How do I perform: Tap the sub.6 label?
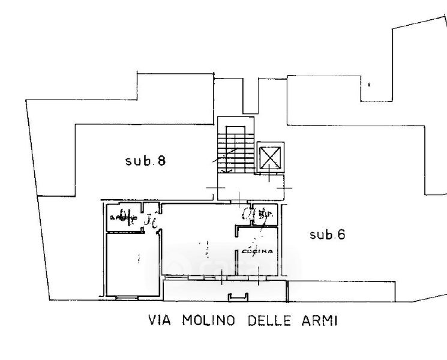327,235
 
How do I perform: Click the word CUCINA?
257,251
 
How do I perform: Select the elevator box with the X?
269,158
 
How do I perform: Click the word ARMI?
320,320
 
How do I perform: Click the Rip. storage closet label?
268,214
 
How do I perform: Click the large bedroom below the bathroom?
132,264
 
